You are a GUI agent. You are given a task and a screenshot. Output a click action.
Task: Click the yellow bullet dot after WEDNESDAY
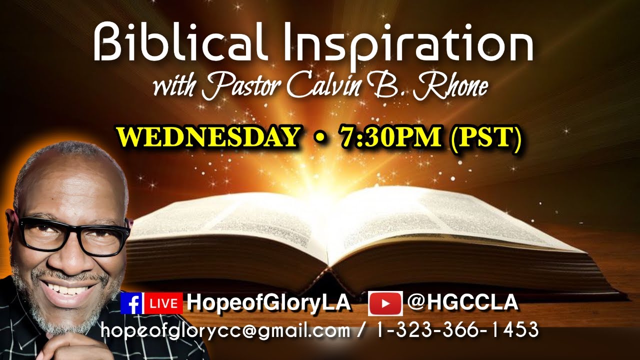319,138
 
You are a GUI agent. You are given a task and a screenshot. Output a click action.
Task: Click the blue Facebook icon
132,303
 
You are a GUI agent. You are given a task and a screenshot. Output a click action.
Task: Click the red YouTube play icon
385,303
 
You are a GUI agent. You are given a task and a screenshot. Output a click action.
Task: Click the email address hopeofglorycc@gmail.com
225,330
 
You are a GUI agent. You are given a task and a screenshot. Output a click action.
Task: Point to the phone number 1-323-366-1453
454,330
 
